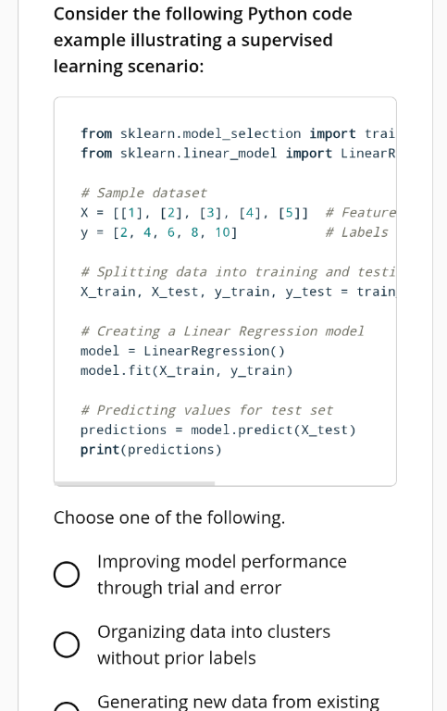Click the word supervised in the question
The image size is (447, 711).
click(287, 41)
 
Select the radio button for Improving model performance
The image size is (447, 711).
click(67, 575)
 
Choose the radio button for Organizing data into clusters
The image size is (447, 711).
click(67, 644)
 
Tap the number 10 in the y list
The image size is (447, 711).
click(223, 232)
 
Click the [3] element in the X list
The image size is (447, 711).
click(209, 213)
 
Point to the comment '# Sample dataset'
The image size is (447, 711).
click(143, 193)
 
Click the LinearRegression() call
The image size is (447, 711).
click(214, 351)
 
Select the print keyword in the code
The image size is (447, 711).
click(100, 450)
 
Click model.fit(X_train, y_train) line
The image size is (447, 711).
click(186, 371)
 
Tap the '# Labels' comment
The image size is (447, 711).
click(357, 232)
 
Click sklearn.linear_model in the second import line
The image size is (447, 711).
click(198, 154)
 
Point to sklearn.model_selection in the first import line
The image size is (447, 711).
click(210, 133)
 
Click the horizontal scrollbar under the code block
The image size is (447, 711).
click(134, 484)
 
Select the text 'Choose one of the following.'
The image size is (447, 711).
click(169, 518)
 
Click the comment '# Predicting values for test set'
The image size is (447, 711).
click(206, 410)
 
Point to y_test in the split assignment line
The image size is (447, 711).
click(308, 292)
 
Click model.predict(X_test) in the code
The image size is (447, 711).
click(273, 430)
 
